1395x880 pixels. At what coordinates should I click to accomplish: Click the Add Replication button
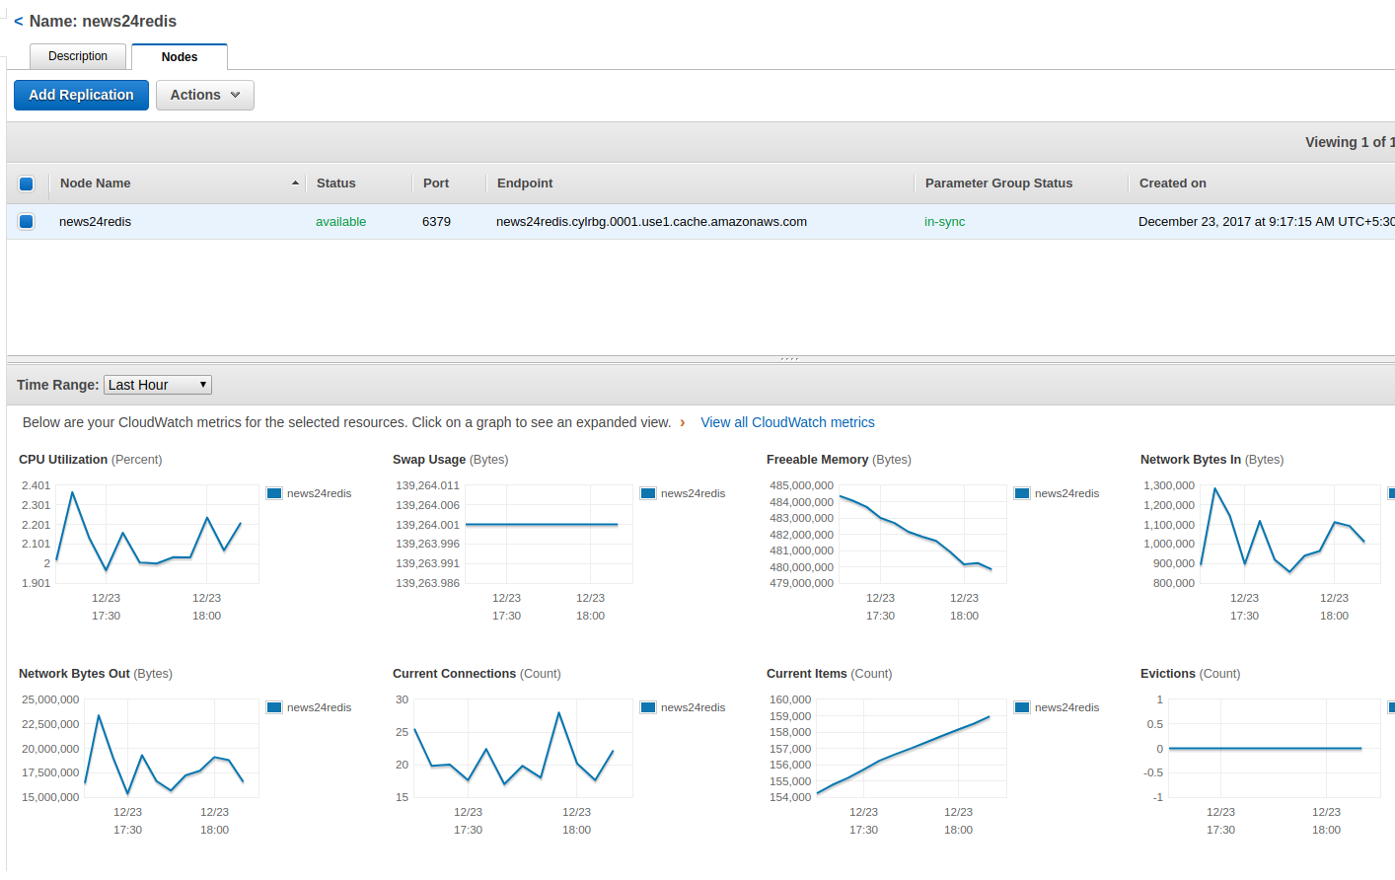(x=81, y=95)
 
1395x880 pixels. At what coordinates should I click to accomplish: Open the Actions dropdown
(x=204, y=95)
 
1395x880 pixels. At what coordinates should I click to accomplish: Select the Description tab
(x=78, y=56)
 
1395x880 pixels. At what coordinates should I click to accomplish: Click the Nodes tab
(x=180, y=57)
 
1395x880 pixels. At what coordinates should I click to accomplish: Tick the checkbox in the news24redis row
(x=27, y=222)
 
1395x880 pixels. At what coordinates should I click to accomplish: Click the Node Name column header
(x=96, y=183)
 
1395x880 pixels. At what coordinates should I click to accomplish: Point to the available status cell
(x=340, y=222)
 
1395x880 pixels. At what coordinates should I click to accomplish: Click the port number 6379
(x=436, y=222)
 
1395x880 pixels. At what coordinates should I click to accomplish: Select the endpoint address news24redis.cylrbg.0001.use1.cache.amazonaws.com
(x=651, y=222)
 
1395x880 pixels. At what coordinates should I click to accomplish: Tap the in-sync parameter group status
(x=944, y=222)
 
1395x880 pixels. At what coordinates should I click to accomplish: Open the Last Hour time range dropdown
(x=158, y=385)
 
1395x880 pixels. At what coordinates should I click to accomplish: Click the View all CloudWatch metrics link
(x=787, y=422)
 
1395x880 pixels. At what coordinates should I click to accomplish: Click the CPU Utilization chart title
(x=63, y=460)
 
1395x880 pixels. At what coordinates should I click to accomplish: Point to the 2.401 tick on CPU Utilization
(x=36, y=485)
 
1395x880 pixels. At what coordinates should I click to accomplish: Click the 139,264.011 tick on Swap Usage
(x=427, y=485)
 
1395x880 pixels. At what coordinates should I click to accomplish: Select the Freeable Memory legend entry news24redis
(x=1065, y=493)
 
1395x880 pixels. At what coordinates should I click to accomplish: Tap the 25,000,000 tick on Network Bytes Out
(x=50, y=699)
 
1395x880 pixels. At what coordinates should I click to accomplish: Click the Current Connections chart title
(x=454, y=674)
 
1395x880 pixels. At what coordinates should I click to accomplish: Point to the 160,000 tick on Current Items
(x=790, y=699)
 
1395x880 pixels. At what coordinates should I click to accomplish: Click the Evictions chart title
(x=1168, y=674)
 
